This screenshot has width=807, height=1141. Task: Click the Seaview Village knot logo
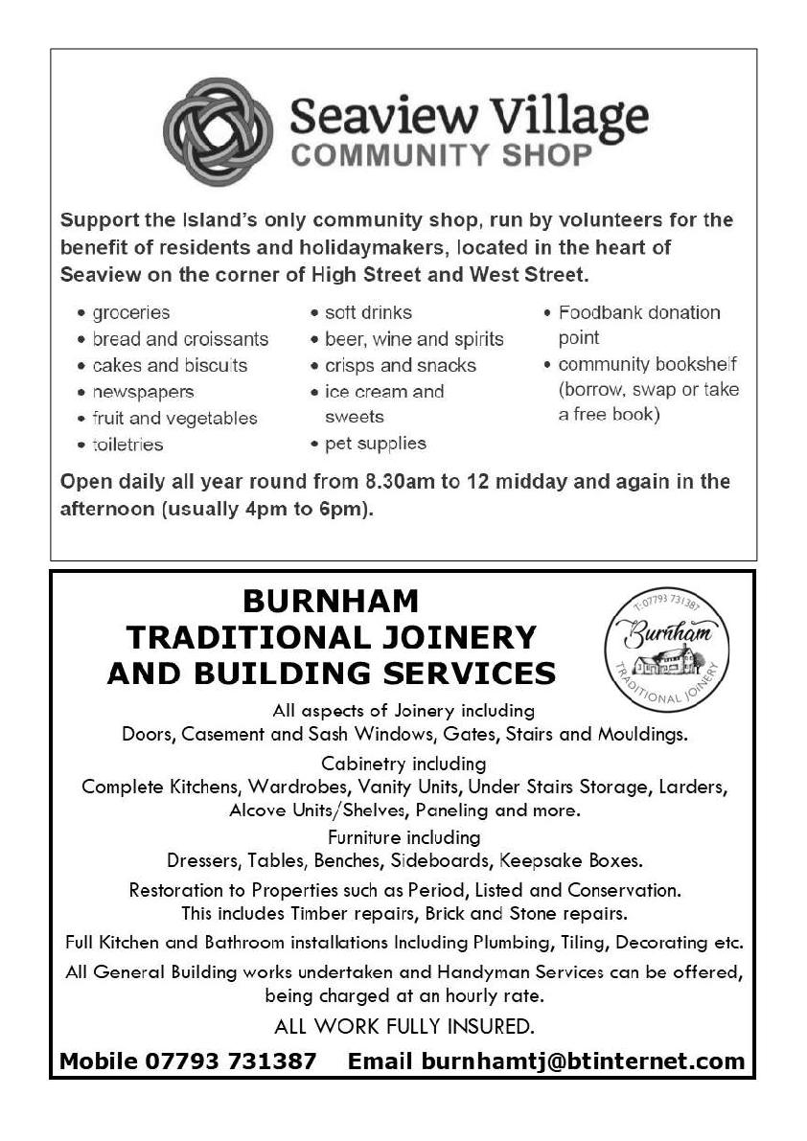click(x=219, y=131)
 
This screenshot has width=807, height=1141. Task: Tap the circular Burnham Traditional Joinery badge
click(x=666, y=650)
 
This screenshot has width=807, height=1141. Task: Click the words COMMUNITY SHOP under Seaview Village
click(x=442, y=153)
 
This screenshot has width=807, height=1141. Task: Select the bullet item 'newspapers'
click(x=143, y=392)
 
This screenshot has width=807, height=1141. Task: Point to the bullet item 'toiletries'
click(x=127, y=445)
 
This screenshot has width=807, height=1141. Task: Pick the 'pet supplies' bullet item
click(x=375, y=444)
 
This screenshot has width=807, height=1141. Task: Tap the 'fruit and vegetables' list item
click(x=174, y=419)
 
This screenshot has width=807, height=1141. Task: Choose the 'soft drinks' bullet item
click(x=368, y=312)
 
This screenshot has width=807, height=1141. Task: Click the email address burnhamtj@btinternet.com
click(x=579, y=1061)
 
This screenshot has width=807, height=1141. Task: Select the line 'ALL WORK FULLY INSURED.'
click(x=403, y=1027)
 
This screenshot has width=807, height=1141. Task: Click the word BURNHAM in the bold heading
click(x=331, y=601)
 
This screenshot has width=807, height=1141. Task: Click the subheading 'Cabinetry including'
click(x=403, y=764)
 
